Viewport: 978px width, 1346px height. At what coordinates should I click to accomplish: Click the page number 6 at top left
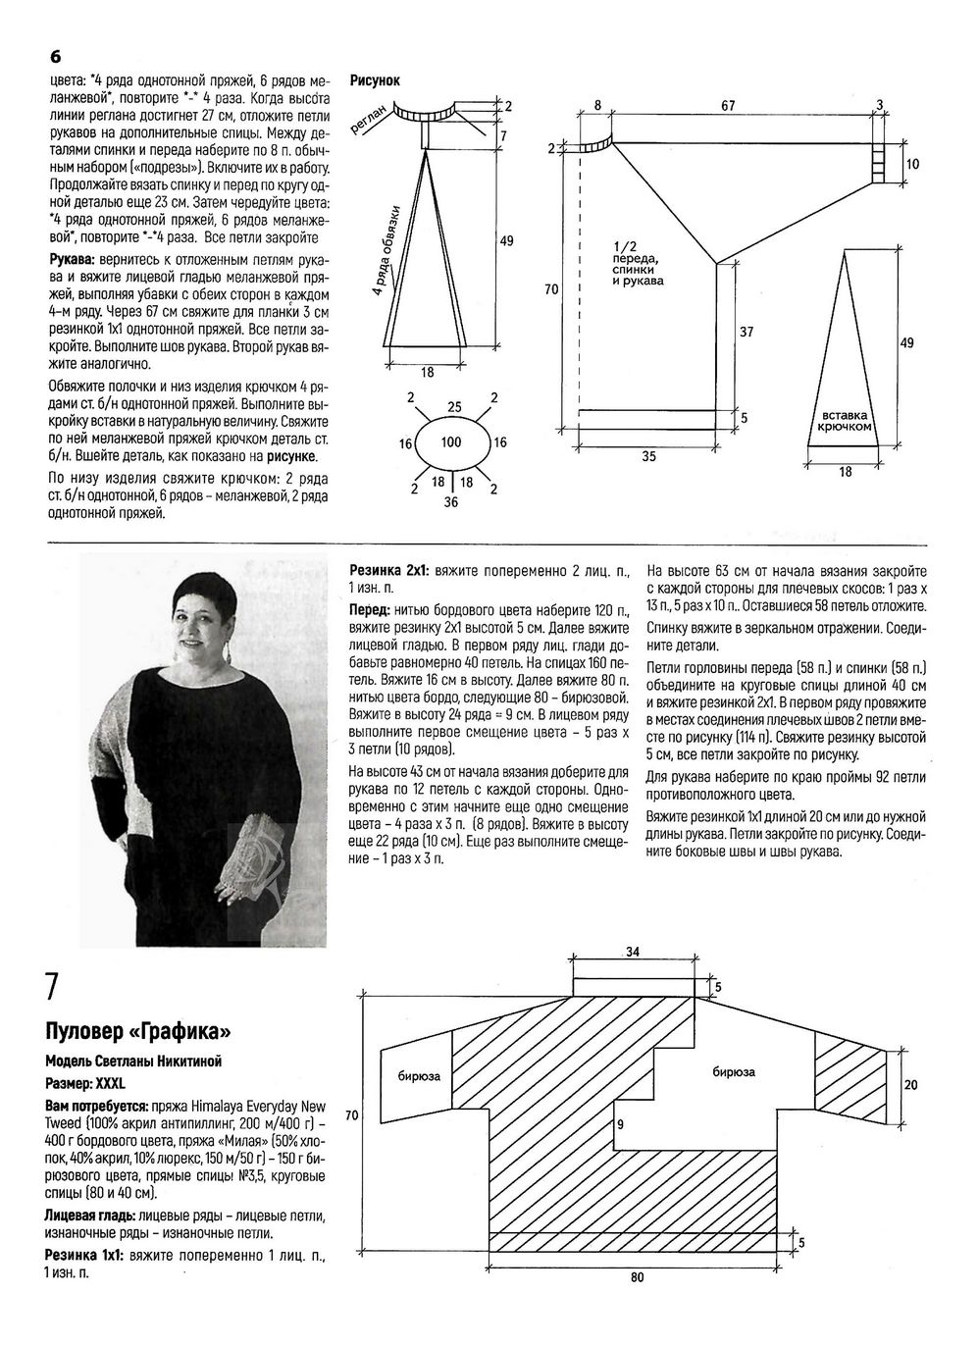pos(56,56)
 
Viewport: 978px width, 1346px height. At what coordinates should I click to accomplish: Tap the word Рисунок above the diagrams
pos(375,81)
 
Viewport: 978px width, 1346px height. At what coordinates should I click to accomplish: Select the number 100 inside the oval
pos(450,442)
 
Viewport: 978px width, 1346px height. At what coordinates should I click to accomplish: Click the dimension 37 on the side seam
pos(746,333)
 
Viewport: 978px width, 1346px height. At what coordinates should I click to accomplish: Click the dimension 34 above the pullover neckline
pos(634,952)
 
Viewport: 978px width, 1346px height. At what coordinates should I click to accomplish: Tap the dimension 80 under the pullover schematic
pos(638,1277)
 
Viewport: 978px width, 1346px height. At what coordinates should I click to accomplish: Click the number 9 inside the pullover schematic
pos(621,1123)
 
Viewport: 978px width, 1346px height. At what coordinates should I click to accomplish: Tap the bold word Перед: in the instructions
pos(370,609)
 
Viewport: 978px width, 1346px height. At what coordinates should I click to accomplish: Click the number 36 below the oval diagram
pos(450,502)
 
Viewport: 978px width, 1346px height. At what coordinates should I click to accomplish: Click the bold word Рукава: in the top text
pos(75,258)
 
